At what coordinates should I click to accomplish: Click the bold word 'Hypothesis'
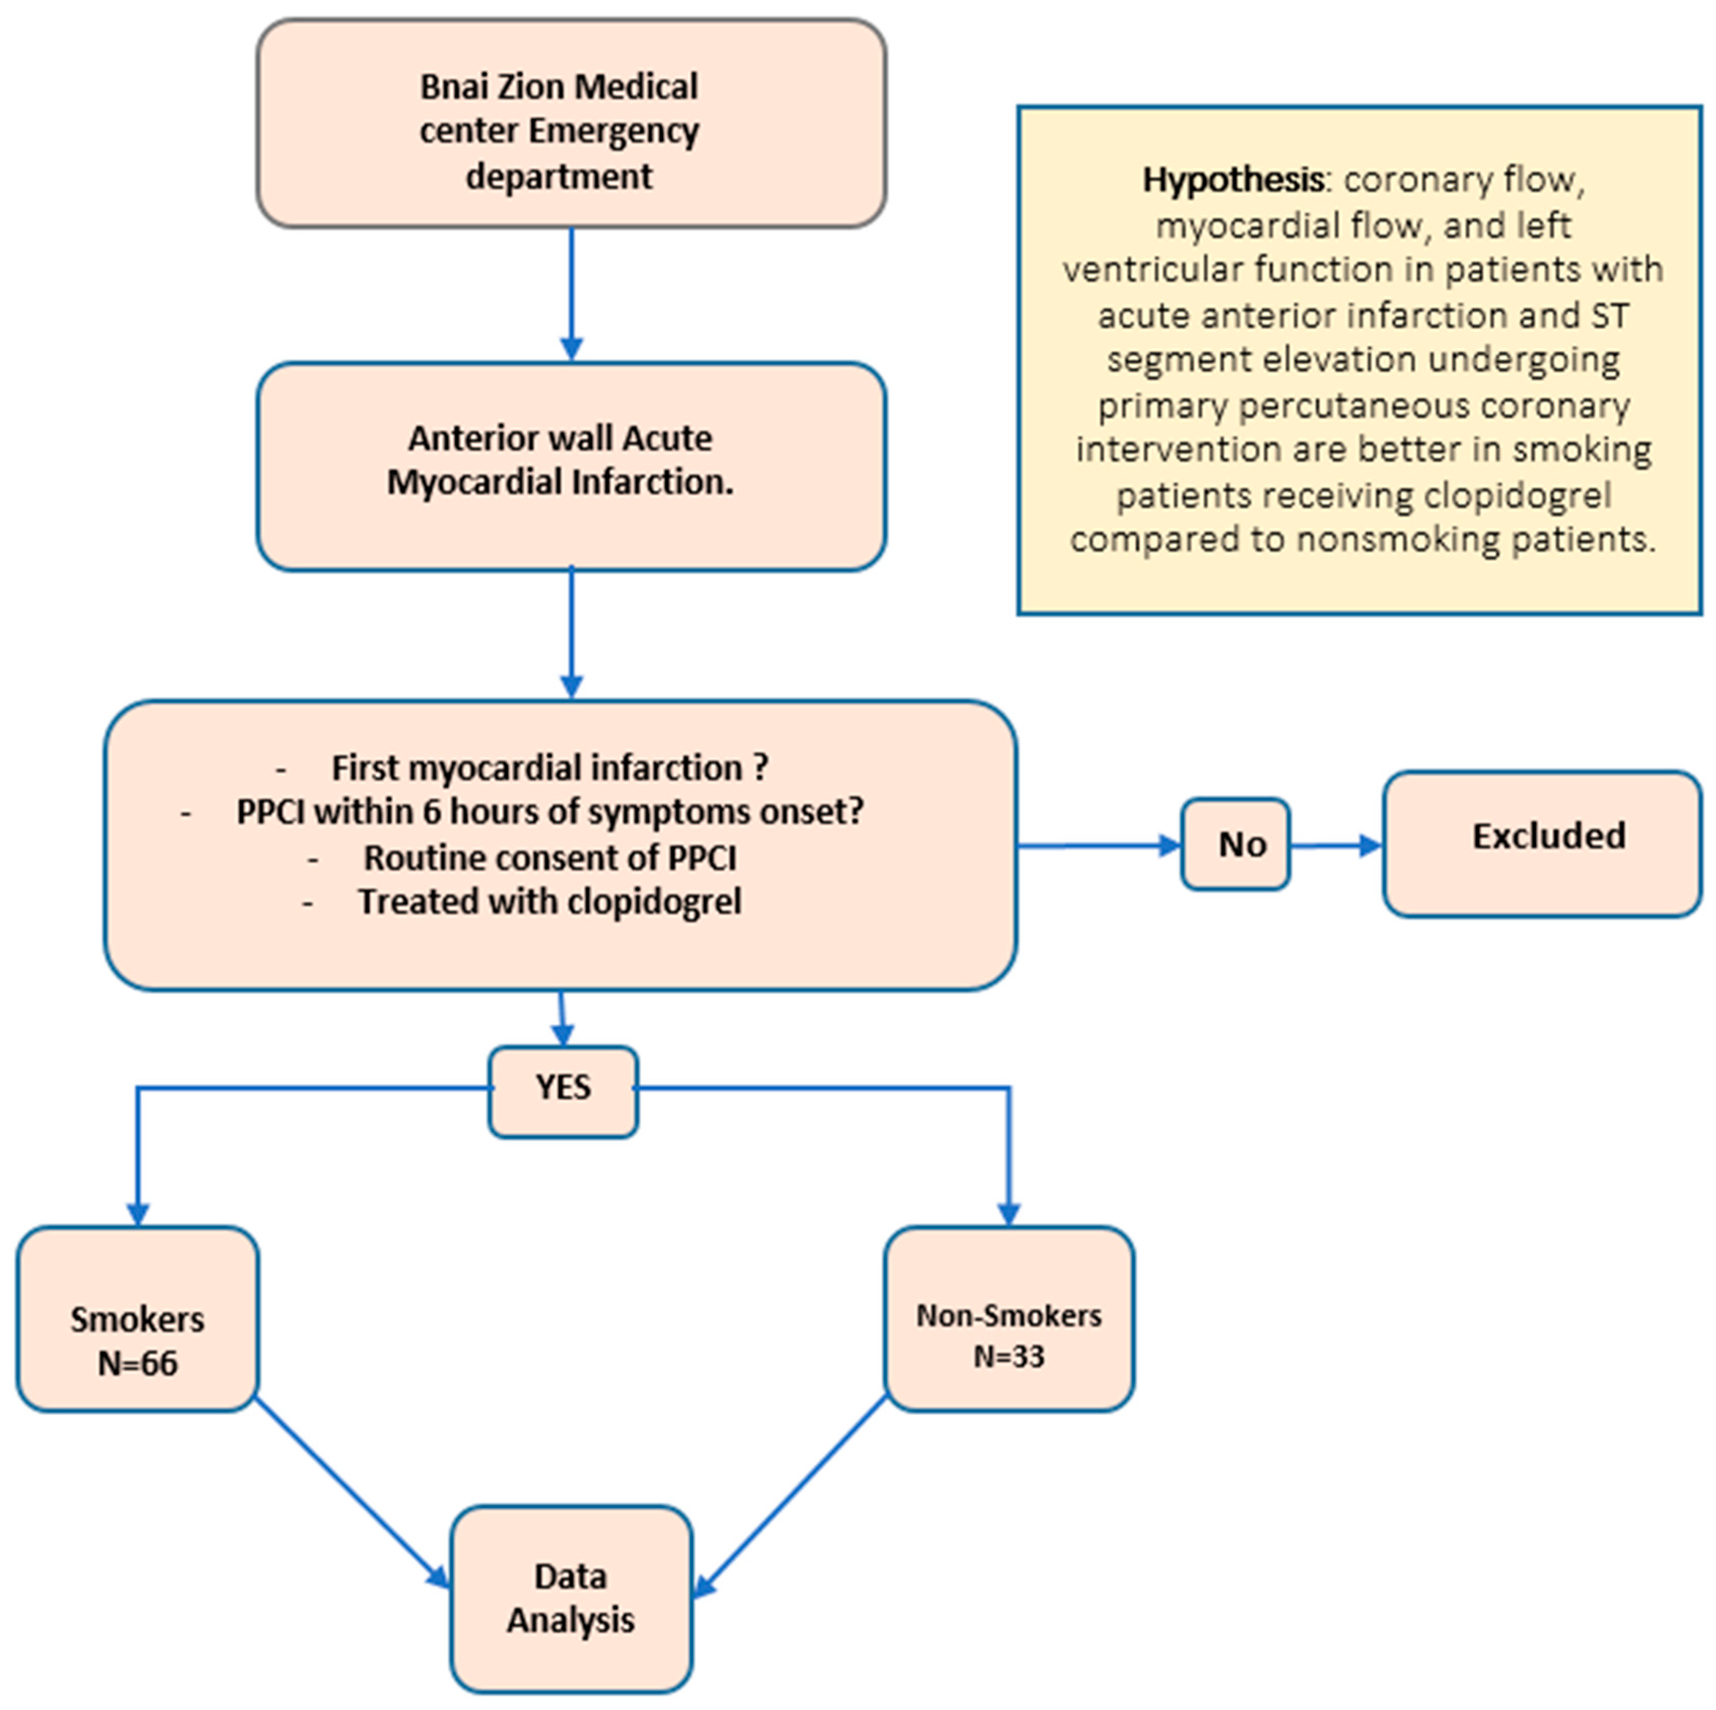(x=1233, y=180)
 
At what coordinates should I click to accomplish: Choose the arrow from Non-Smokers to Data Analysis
(x=790, y=1497)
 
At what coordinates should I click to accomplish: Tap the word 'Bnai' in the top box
(x=451, y=87)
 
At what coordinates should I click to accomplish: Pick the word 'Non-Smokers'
(x=1009, y=1315)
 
